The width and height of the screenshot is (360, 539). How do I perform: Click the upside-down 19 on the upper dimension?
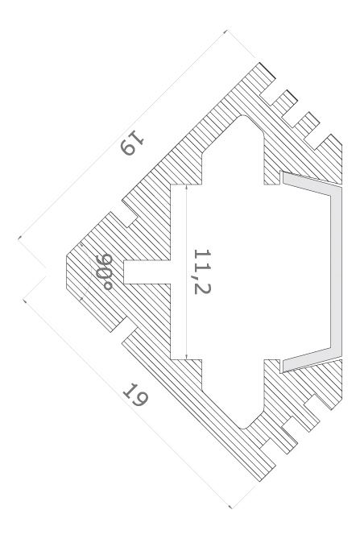coord(133,143)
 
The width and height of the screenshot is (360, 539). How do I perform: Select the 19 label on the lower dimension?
coord(135,395)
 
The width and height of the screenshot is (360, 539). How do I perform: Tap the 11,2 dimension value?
coord(202,272)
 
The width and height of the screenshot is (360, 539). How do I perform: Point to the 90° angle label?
coord(104,272)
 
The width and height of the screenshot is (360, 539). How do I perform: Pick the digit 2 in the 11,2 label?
coord(202,288)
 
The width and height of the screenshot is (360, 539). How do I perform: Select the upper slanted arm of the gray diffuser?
coord(311,184)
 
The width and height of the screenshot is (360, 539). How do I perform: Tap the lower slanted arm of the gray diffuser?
coord(311,360)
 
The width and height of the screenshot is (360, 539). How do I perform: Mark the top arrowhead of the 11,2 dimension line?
coord(186,187)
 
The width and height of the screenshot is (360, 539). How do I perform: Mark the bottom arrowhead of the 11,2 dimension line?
coord(186,357)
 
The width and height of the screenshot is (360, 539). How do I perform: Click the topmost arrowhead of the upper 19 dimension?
coord(226,31)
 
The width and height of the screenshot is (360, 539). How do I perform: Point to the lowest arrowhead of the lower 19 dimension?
coord(230,506)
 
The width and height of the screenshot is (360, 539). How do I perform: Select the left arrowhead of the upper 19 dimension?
coord(20,237)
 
